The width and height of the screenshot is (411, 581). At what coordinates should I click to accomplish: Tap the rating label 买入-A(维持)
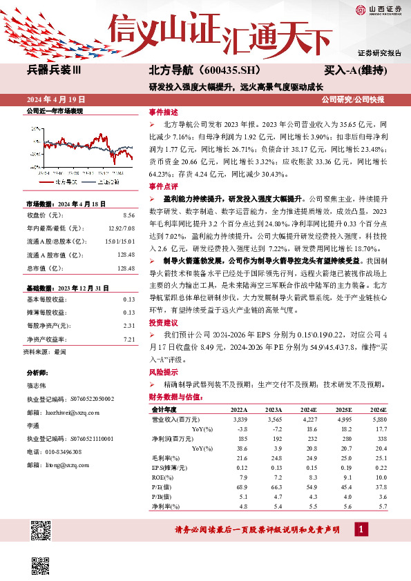coord(356,70)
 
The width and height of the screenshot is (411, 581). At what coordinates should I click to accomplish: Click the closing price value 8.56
coord(128,215)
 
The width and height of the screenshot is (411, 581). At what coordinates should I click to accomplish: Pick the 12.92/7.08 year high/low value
coord(120,227)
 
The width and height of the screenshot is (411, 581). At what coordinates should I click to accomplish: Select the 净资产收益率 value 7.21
coord(128,339)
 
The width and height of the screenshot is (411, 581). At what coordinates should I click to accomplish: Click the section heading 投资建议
coord(162,323)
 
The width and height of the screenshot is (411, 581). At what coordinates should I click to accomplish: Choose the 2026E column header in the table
coord(379,409)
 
